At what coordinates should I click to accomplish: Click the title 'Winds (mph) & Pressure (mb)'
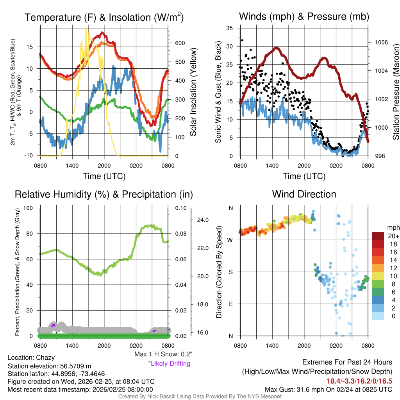point(304,16)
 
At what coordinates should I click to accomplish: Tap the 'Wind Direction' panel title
point(304,194)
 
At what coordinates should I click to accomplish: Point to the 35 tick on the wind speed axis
point(230,28)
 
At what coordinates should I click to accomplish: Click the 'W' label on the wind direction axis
point(230,240)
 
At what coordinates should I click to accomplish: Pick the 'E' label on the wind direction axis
point(231,304)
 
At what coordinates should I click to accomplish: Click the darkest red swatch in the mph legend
point(378,236)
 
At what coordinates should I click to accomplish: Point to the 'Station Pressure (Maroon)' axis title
point(396,92)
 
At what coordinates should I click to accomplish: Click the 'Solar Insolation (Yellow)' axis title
point(193,92)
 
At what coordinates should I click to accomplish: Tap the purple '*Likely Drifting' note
point(169,363)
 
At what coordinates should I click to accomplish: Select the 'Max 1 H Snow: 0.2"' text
point(163,354)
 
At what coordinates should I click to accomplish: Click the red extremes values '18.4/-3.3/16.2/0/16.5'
point(359,380)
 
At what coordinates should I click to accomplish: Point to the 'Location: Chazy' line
point(31,357)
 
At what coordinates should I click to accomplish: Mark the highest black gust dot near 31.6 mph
point(242,40)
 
